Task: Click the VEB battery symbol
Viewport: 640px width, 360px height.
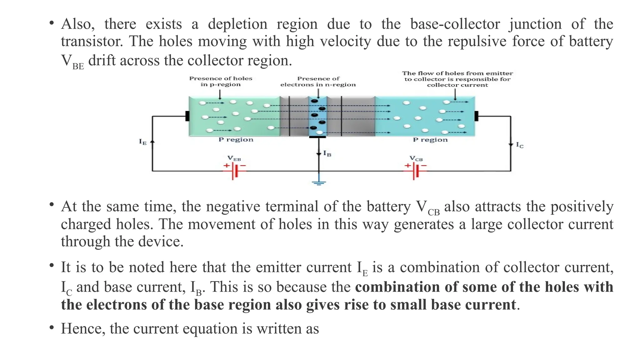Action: (235, 171)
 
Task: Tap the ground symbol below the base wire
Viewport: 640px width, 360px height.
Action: (319, 183)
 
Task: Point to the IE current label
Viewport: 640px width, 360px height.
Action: (142, 142)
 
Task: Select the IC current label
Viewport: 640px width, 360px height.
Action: (519, 145)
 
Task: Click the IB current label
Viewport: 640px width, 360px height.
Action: (327, 153)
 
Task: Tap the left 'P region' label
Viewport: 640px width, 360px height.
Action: (236, 140)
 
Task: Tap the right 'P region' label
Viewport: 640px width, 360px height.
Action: (430, 140)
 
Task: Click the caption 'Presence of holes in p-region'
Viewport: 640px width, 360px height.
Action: (221, 81)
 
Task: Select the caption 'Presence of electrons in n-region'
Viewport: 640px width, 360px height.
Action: (318, 82)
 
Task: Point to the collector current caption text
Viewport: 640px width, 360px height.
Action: (457, 79)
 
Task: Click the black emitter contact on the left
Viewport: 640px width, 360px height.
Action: (187, 116)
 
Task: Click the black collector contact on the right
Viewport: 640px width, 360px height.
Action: (476, 116)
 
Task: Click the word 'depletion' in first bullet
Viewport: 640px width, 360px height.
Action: (237, 24)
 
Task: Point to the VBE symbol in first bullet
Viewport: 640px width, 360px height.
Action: (72, 61)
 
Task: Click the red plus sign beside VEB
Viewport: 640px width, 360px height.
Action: (226, 166)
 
